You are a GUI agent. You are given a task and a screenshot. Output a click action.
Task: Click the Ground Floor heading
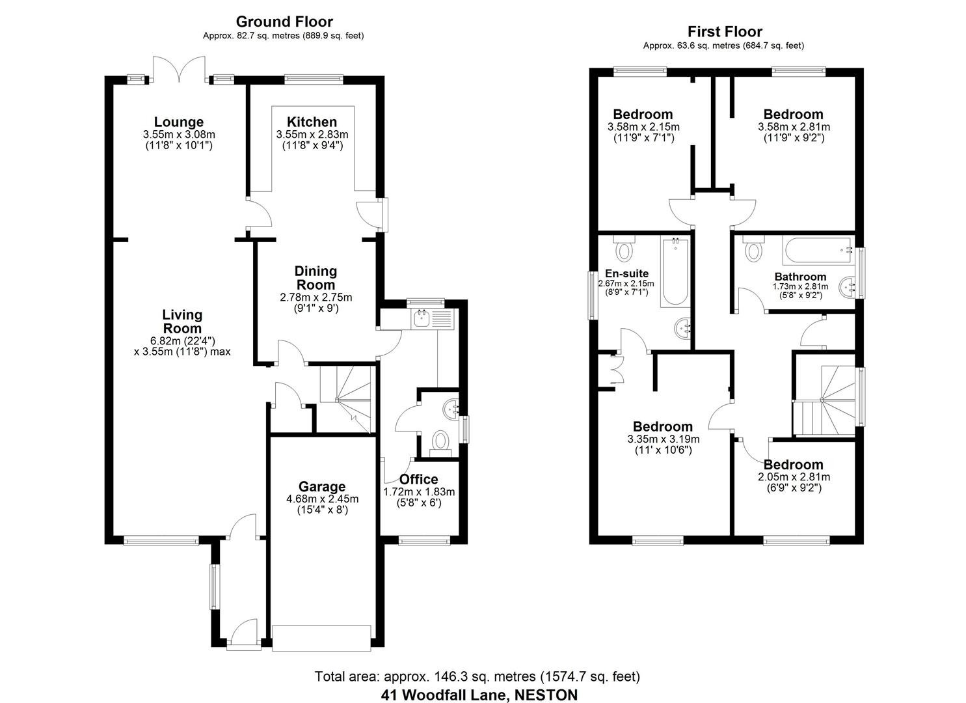pyautogui.click(x=284, y=21)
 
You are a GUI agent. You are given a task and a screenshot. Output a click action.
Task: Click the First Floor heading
pyautogui.click(x=725, y=31)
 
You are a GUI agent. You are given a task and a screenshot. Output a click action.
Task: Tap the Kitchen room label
pyautogui.click(x=312, y=122)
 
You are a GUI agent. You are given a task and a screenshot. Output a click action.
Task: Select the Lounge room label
pyautogui.click(x=179, y=122)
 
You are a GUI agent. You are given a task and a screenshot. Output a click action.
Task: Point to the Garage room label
pyautogui.click(x=322, y=486)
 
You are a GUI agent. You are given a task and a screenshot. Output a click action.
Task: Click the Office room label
pyautogui.click(x=419, y=480)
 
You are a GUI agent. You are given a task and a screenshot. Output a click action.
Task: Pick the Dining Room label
pyautogui.click(x=316, y=278)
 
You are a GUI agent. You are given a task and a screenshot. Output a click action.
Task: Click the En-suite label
pyautogui.click(x=626, y=273)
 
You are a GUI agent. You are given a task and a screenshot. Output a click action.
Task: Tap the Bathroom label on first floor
pyautogui.click(x=800, y=277)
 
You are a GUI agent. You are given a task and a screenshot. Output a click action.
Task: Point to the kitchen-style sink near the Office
pyautogui.click(x=423, y=318)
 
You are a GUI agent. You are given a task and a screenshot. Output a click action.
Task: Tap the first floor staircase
pyautogui.click(x=825, y=400)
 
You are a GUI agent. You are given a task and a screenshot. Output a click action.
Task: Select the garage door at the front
pyautogui.click(x=322, y=638)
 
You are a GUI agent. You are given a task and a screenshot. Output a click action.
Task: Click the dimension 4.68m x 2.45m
pyautogui.click(x=322, y=499)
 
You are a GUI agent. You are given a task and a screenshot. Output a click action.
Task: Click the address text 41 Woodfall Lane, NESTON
pyautogui.click(x=479, y=695)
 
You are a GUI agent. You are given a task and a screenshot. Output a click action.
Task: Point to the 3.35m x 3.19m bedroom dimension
pyautogui.click(x=663, y=439)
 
